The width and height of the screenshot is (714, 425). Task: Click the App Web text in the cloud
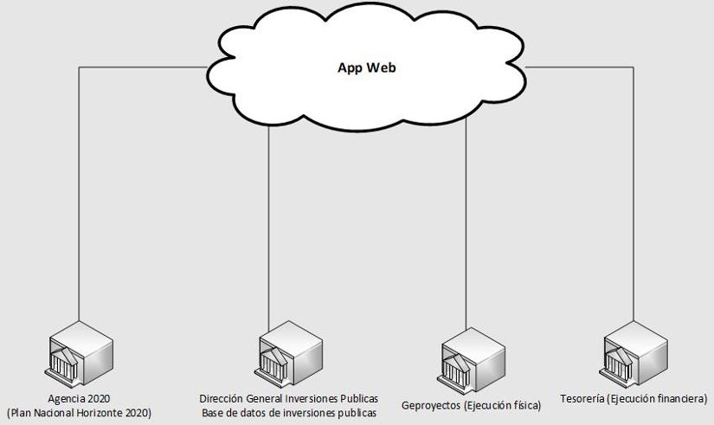(367, 68)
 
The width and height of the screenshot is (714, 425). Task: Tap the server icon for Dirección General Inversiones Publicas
(290, 353)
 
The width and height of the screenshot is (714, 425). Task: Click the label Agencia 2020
(79, 399)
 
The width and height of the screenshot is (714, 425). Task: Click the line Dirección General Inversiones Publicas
(289, 399)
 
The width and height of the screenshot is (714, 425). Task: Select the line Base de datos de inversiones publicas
(289, 413)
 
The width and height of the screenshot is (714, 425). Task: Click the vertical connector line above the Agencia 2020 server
(79, 199)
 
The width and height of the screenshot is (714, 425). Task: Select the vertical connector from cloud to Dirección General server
(269, 225)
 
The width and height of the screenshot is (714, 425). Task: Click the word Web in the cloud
(382, 68)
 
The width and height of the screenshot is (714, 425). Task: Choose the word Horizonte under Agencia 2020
(107, 413)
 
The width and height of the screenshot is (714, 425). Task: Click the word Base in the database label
(214, 413)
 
